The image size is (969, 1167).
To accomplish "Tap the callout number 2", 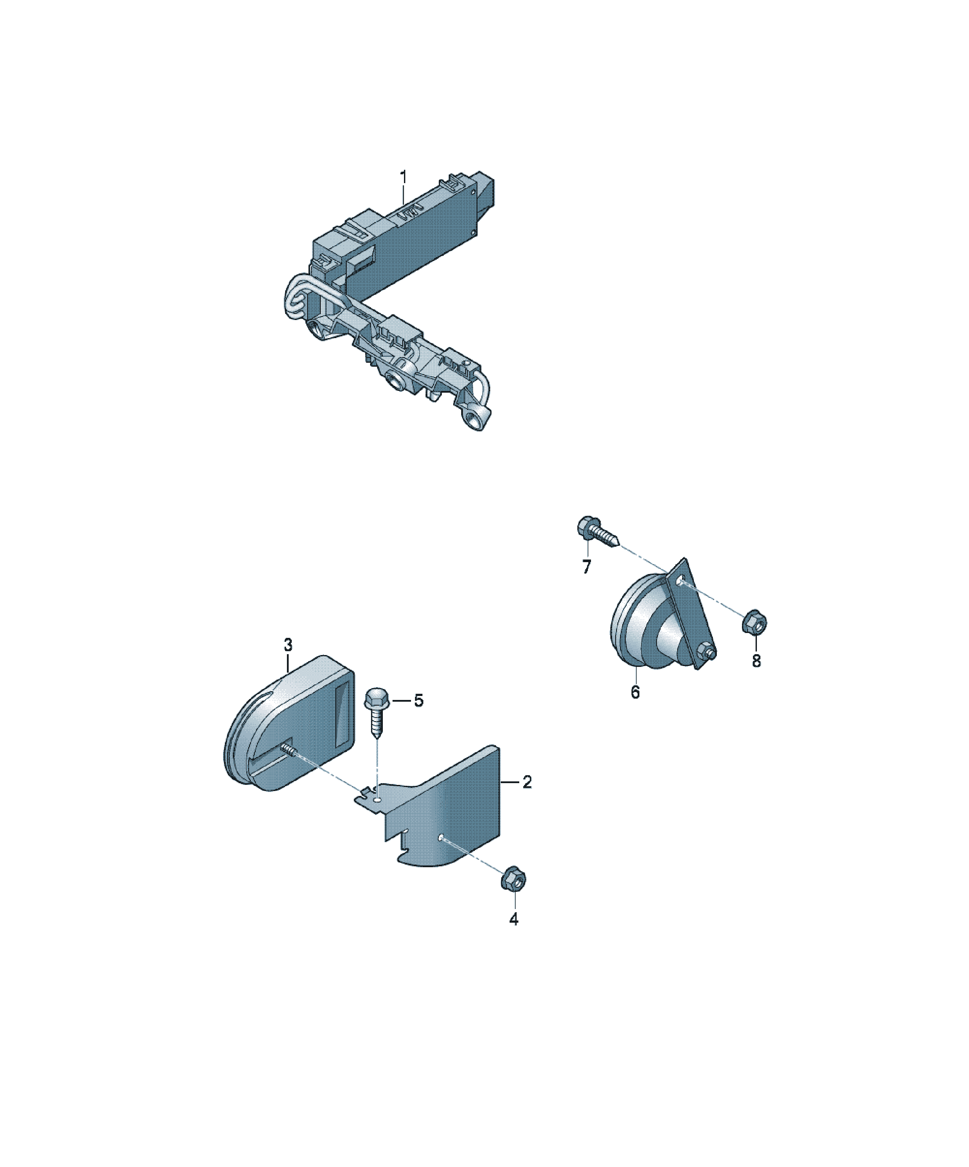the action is coord(527,782).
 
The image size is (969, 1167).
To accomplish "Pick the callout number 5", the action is coord(418,701).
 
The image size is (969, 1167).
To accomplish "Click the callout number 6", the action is coord(635,692).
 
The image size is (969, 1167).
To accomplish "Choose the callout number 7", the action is coord(587,567).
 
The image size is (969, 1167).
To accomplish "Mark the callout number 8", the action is coord(756,661).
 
